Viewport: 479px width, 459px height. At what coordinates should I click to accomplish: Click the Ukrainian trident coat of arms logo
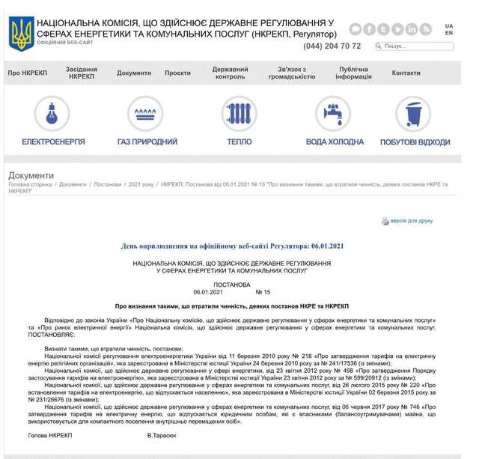[20, 34]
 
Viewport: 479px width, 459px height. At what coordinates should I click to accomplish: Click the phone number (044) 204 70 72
[332, 46]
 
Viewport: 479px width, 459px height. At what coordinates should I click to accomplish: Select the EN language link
[449, 33]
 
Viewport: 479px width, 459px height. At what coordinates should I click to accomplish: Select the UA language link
[449, 25]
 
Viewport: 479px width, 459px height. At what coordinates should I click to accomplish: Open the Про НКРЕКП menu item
[27, 73]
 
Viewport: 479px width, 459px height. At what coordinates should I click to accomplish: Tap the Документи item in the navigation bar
[134, 73]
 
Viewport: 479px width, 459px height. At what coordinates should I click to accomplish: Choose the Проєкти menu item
[177, 73]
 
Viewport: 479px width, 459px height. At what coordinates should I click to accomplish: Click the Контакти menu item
[406, 73]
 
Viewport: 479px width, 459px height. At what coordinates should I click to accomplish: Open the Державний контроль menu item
[231, 73]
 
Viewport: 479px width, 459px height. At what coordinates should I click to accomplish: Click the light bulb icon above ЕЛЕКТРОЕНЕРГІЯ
[53, 114]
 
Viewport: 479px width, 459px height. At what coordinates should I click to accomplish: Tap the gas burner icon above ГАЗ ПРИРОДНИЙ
[147, 114]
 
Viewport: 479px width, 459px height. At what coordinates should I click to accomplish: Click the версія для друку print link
[411, 221]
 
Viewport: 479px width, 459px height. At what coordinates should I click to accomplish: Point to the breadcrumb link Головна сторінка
[30, 184]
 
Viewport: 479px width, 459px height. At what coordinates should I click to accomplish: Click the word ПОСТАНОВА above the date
[232, 285]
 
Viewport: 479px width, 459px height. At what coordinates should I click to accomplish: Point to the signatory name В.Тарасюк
[162, 434]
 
